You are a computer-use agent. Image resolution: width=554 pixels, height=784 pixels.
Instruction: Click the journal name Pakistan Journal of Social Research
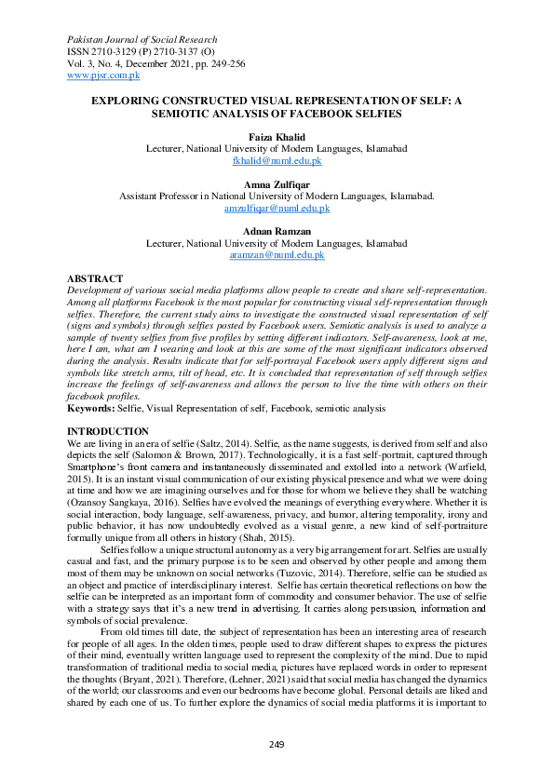[142, 40]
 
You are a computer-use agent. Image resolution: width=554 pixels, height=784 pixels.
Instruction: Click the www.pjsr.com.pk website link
[101, 74]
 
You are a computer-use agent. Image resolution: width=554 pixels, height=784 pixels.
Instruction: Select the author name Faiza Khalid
[277, 136]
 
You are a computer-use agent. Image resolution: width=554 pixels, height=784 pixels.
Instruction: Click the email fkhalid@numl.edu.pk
[277, 160]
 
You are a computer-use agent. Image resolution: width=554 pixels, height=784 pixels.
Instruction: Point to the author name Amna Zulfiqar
[277, 184]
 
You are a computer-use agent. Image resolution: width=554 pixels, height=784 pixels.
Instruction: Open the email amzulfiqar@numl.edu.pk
[277, 209]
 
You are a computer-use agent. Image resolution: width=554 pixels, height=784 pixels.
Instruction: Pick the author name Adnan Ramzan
[277, 231]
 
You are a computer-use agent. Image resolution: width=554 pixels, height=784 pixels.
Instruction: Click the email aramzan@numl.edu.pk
[277, 254]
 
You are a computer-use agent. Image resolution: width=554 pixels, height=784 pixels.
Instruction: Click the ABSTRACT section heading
[95, 278]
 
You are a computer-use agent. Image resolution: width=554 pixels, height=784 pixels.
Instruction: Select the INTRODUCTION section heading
[108, 431]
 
